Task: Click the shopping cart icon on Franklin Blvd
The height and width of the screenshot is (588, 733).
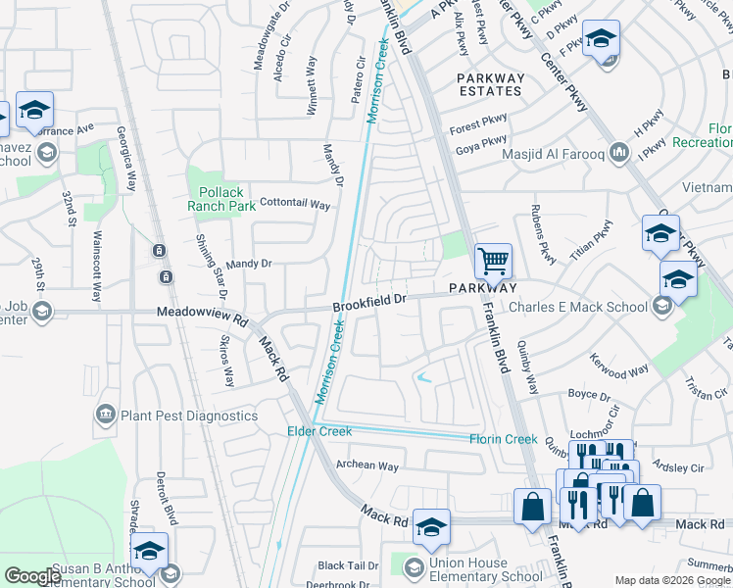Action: [493, 261]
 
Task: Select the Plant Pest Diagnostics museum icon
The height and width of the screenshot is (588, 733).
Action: [106, 416]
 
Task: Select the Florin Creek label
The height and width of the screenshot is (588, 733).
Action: [503, 439]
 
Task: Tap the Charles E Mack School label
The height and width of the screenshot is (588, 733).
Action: [577, 307]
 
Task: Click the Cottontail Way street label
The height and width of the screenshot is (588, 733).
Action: [294, 205]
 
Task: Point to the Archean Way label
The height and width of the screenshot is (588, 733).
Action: [367, 466]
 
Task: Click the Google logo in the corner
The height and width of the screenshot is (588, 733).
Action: [32, 576]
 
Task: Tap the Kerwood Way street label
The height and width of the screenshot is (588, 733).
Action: [619, 371]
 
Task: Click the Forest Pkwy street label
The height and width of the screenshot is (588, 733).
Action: [478, 128]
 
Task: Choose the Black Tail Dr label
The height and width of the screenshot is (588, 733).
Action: [348, 565]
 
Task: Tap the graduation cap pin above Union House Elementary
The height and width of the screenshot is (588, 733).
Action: [430, 527]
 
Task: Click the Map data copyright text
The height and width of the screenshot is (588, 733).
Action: [672, 580]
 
